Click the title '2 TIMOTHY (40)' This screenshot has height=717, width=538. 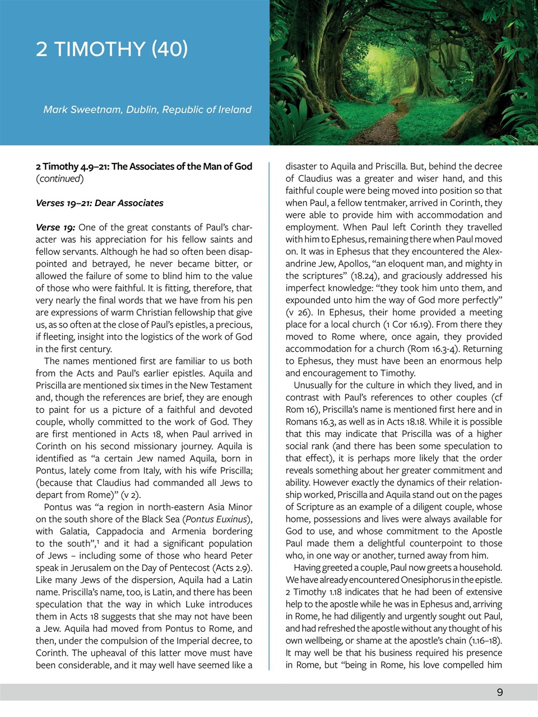click(x=112, y=49)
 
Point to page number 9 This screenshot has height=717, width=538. click(x=499, y=692)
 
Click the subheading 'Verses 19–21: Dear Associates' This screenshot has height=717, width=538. click(x=100, y=203)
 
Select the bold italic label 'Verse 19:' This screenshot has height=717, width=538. click(x=55, y=227)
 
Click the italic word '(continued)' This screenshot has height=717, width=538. click(x=60, y=179)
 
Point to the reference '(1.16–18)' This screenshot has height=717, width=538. click(x=482, y=641)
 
